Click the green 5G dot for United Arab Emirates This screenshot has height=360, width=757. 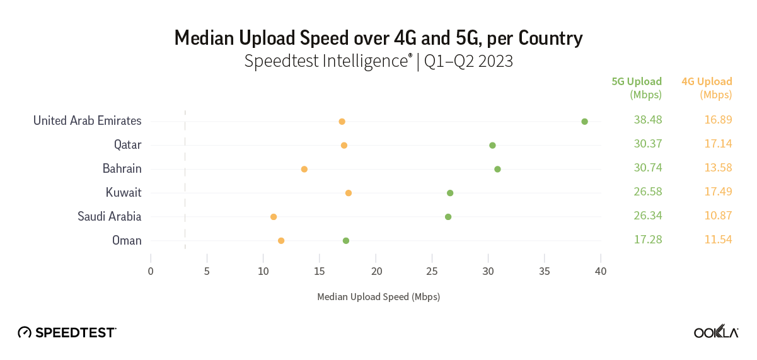(584, 121)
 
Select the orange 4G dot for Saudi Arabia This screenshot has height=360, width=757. (273, 217)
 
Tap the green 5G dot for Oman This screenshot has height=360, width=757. (345, 241)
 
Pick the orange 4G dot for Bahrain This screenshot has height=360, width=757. (304, 169)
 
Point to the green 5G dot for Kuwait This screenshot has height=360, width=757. (450, 193)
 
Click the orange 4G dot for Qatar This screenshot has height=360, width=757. (344, 145)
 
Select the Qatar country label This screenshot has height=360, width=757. (127, 145)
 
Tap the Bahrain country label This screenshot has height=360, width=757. (122, 169)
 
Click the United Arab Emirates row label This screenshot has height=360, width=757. (87, 120)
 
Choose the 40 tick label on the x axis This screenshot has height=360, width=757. (601, 271)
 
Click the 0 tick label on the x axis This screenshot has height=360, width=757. (151, 271)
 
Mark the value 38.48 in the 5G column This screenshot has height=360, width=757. (647, 120)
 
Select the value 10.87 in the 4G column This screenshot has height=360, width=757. (718, 216)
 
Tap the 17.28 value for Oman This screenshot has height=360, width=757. (647, 240)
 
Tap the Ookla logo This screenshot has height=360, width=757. (715, 332)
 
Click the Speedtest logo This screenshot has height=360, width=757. (67, 332)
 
